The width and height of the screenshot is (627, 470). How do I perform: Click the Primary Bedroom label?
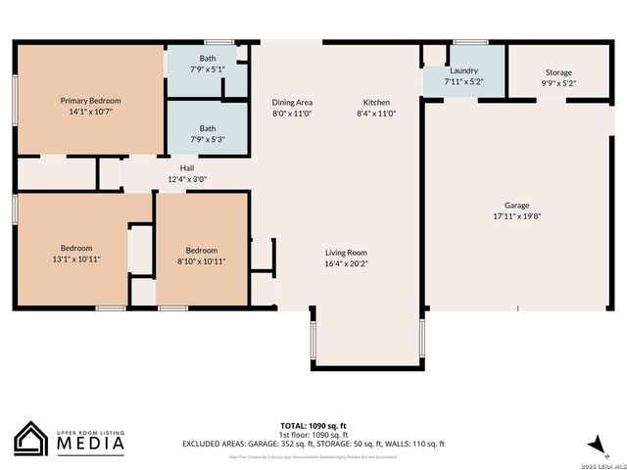(90, 101)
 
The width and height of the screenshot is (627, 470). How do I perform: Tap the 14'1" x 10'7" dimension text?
(90, 113)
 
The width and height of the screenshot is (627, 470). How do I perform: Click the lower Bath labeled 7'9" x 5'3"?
(208, 134)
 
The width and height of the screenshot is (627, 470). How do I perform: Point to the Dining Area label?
(292, 103)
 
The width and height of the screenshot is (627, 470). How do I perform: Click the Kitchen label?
(377, 103)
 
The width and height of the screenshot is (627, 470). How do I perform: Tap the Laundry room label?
(463, 71)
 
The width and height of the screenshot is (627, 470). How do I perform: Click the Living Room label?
(346, 252)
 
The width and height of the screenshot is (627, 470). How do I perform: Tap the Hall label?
(186, 167)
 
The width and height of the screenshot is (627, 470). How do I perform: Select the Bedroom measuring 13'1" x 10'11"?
(76, 253)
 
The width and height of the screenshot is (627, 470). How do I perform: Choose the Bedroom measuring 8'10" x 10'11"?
(202, 256)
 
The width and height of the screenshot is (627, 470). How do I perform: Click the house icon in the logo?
(31, 439)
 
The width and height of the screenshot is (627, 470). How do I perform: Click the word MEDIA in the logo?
(89, 445)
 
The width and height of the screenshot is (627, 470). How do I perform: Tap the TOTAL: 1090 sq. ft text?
(313, 426)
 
